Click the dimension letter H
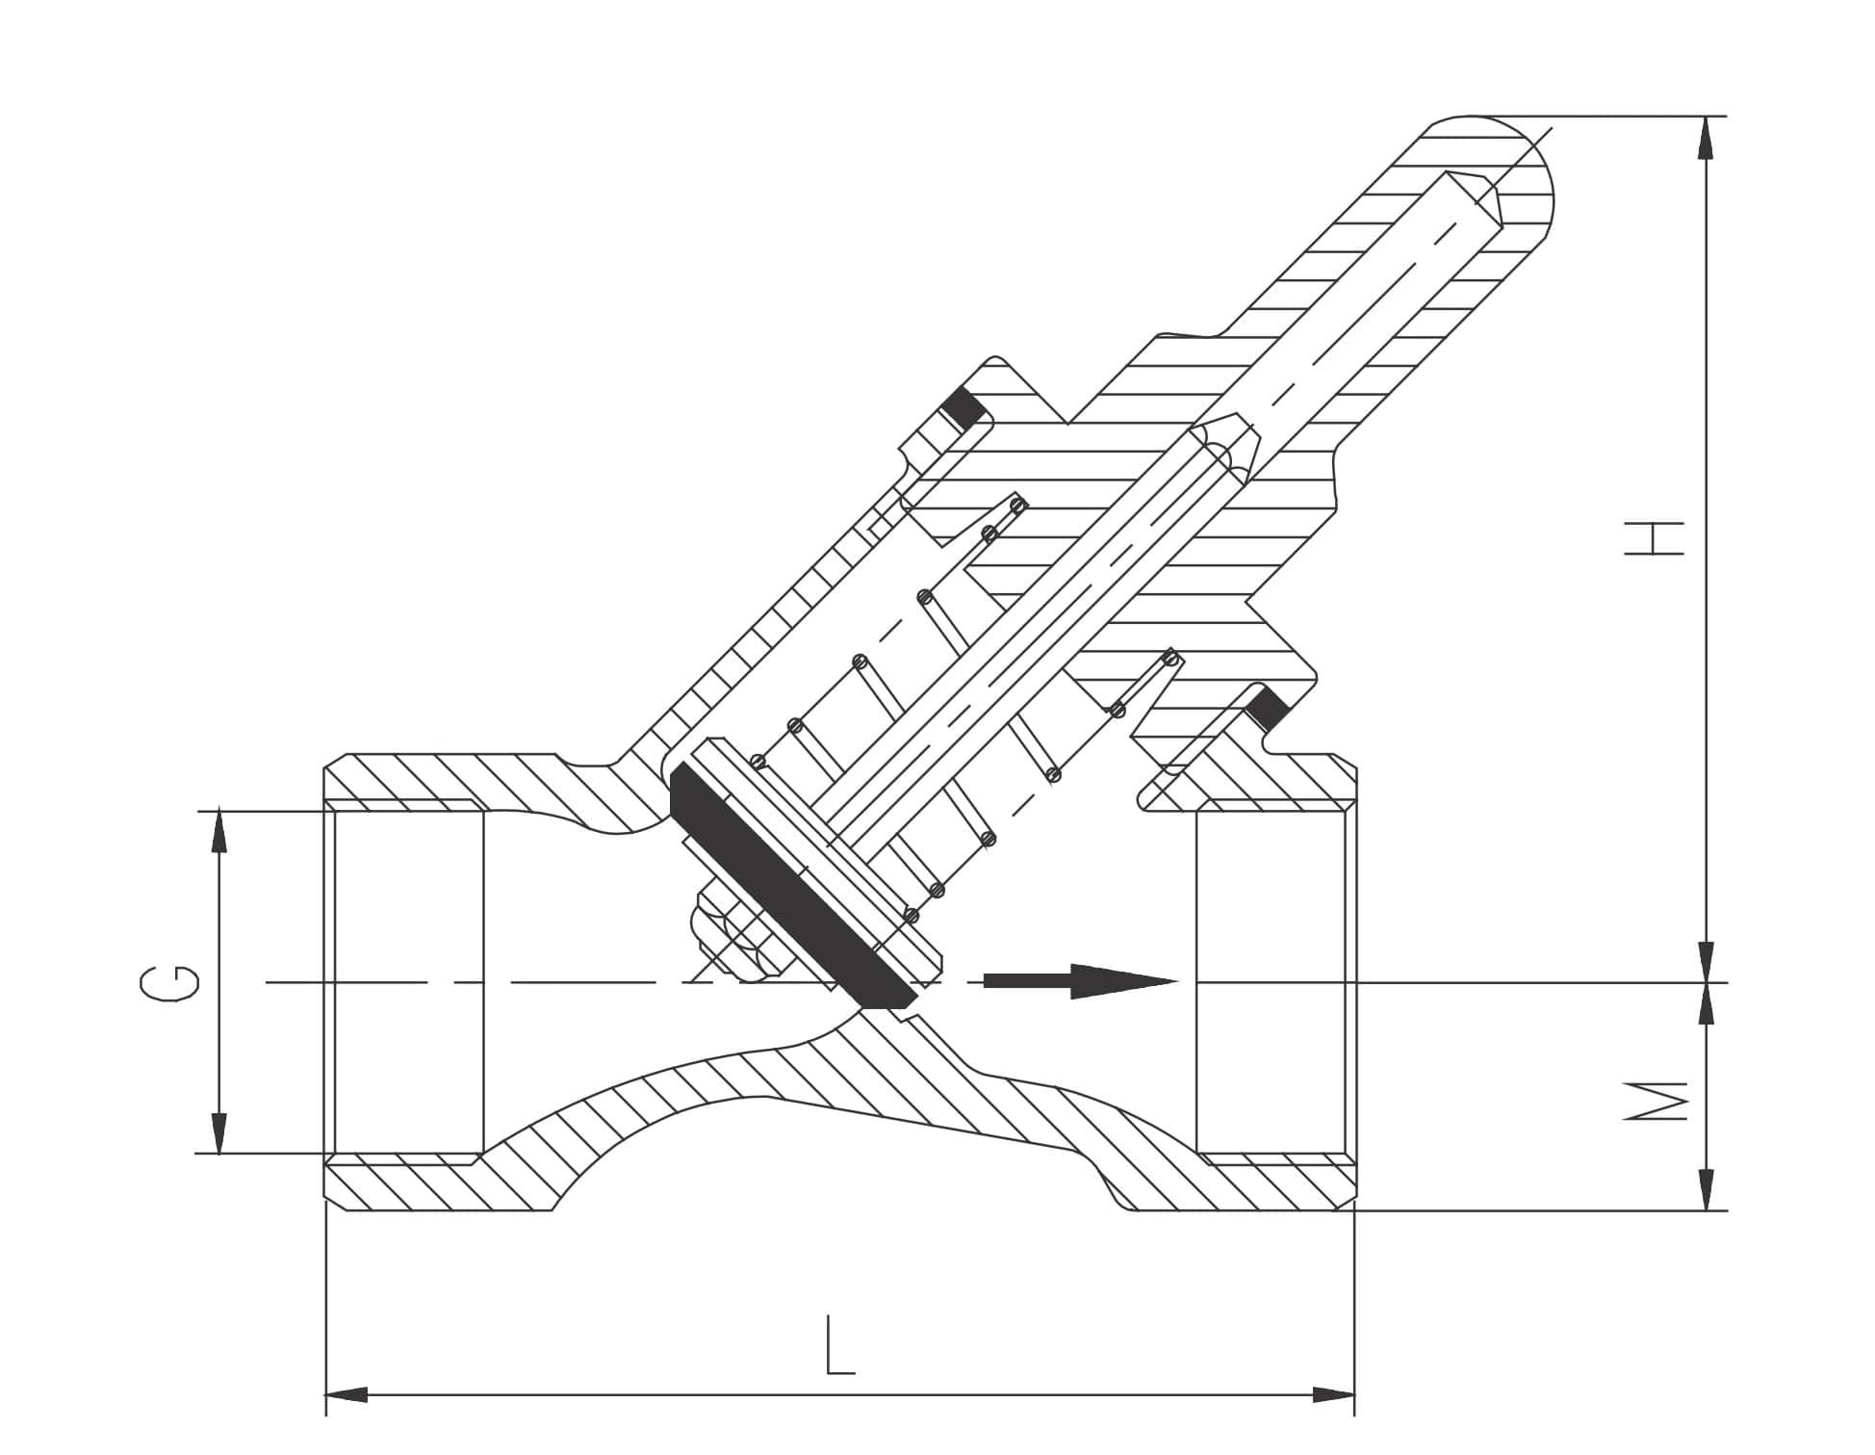[1653, 538]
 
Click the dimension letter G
[170, 983]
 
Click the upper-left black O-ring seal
[964, 408]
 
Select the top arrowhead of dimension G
[219, 831]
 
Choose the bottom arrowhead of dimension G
[219, 1133]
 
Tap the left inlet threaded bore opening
[404, 982]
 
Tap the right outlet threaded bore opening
[1271, 982]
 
